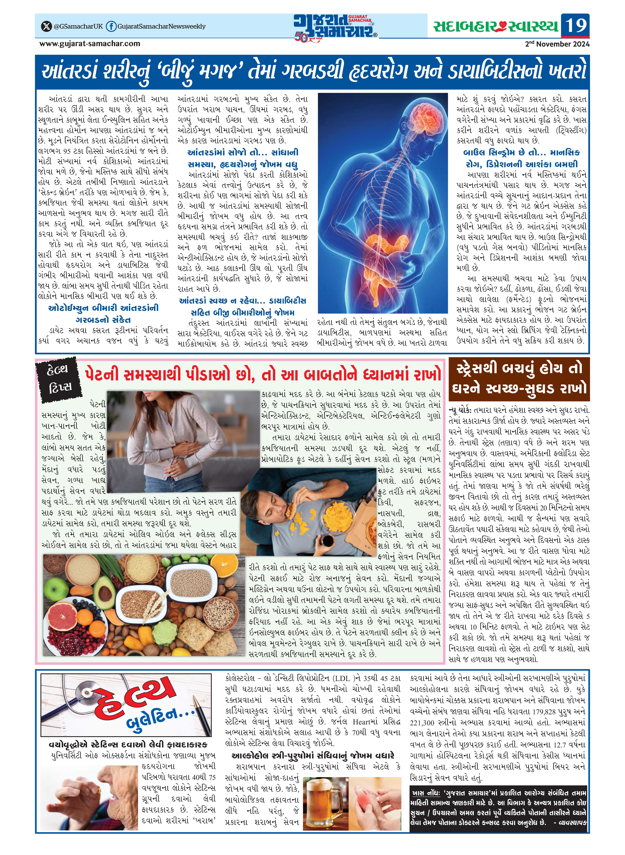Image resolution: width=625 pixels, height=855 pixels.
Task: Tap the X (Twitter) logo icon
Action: tap(46, 26)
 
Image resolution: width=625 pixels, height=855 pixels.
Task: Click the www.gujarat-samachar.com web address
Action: tap(90, 44)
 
